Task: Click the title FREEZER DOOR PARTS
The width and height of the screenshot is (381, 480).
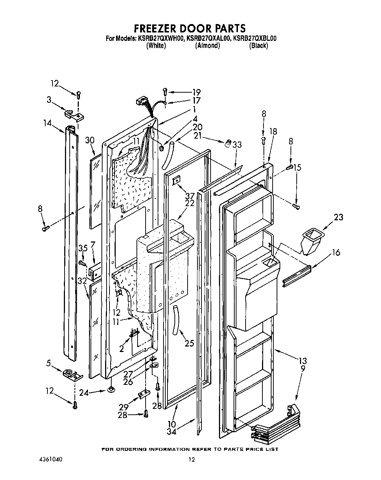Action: [189, 28]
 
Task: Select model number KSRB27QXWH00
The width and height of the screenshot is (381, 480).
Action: [160, 38]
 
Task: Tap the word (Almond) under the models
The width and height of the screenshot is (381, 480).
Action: [207, 46]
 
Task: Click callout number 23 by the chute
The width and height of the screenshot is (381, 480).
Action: [339, 217]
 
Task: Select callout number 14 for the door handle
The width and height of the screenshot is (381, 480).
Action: [47, 123]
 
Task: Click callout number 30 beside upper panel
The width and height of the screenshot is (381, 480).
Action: [90, 140]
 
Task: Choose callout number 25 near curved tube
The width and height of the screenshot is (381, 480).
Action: [189, 343]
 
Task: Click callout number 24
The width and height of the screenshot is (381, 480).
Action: [84, 393]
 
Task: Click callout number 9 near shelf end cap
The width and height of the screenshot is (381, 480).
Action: [303, 369]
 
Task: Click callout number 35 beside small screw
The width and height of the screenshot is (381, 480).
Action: [82, 248]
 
